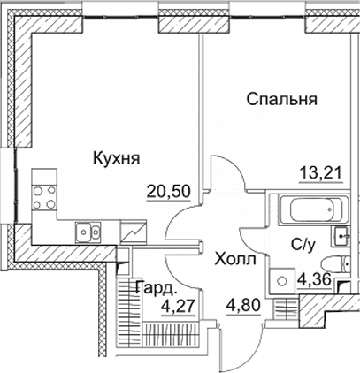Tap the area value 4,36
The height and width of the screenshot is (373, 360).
pyautogui.click(x=316, y=282)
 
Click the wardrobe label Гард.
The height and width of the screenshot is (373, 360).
pyautogui.click(x=156, y=288)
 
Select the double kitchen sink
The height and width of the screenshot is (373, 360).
pyautogui.click(x=87, y=232)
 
